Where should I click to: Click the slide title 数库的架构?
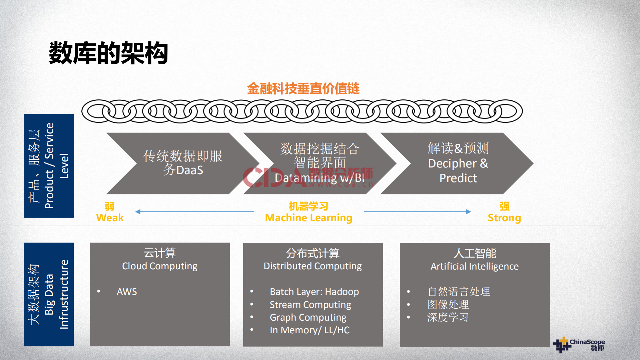(x=108, y=53)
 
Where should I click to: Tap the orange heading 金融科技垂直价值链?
(x=303, y=89)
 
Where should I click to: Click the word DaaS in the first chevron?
(x=189, y=170)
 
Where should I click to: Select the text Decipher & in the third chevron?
(x=458, y=163)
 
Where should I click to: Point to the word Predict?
(x=458, y=178)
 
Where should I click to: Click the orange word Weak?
(x=110, y=218)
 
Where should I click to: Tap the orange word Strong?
(x=504, y=218)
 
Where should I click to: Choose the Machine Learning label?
(x=308, y=218)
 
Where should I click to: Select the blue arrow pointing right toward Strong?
(x=417, y=212)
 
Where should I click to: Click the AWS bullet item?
(x=127, y=292)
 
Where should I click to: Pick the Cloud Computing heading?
(x=159, y=266)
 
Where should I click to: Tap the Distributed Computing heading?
(x=312, y=266)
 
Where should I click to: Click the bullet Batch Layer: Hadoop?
(x=314, y=292)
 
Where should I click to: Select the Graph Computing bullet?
(x=308, y=317)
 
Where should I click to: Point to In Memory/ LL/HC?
(x=309, y=330)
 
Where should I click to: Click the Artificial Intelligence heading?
(x=474, y=266)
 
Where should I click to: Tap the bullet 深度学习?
(x=448, y=317)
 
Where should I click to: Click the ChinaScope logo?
(x=579, y=345)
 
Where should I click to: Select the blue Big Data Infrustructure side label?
(x=49, y=294)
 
